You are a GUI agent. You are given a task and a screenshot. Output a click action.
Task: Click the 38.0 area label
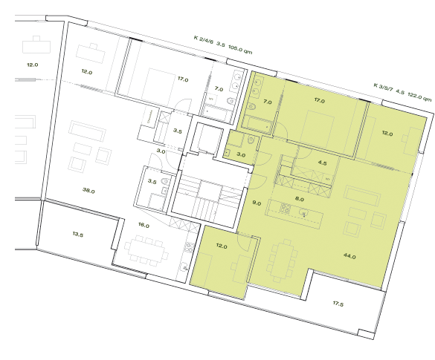coord(88,190)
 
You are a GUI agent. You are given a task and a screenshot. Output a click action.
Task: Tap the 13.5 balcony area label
coord(78,234)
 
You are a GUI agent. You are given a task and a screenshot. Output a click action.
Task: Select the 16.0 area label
coord(144,225)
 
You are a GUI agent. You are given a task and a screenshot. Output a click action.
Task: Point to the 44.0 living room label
coord(349,256)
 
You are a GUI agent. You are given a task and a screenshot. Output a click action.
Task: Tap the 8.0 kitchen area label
coord(300,199)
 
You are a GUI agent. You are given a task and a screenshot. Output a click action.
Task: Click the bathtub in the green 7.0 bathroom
coord(260,119)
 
